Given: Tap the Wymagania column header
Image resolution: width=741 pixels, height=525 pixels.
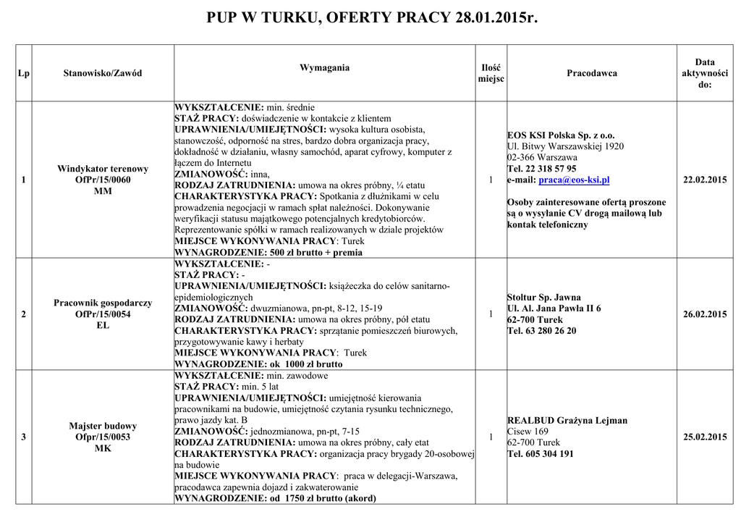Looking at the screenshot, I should pos(324,67).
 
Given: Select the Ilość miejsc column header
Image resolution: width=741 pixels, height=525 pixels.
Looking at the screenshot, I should pos(491,73).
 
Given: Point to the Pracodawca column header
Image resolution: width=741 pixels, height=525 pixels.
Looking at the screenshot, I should pos(592,73).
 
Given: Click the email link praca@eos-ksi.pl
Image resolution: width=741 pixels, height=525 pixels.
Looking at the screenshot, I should pos(575,180).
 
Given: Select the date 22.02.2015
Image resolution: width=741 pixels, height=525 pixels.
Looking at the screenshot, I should pos(705,180).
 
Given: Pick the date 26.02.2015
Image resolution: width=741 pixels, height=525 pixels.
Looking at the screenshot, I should pos(705,314).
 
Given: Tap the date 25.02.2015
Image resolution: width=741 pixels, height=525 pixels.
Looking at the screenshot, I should pos(705,437).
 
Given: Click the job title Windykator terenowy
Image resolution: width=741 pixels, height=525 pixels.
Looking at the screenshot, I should pos(103,169).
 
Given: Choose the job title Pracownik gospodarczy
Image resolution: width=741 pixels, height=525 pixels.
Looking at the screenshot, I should pos(103,303).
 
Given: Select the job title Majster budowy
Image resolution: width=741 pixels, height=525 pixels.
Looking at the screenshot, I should pos(103,426).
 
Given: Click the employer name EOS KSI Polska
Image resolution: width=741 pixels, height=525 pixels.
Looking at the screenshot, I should pos(561,135).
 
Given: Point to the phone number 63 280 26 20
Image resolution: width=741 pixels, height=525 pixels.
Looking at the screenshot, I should pos(549,330).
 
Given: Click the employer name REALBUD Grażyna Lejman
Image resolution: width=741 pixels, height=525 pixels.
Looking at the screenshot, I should pos(567,420).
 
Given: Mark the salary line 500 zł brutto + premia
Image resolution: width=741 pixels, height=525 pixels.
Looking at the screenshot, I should pos(316,253).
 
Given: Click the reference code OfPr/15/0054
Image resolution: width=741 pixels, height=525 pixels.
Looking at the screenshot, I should pos(103,314).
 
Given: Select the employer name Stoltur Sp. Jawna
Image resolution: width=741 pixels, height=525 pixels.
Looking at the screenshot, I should pos(544,297).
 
